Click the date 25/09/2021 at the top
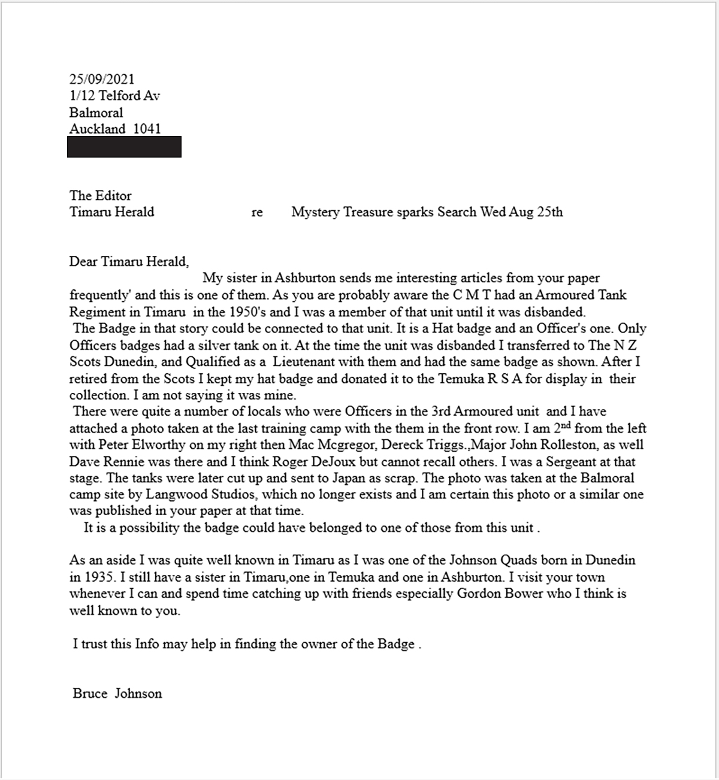(102, 79)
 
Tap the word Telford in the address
(120, 96)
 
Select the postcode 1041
(147, 129)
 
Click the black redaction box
(124, 147)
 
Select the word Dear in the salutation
(83, 262)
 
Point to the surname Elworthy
(148, 445)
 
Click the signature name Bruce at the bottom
(90, 694)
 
